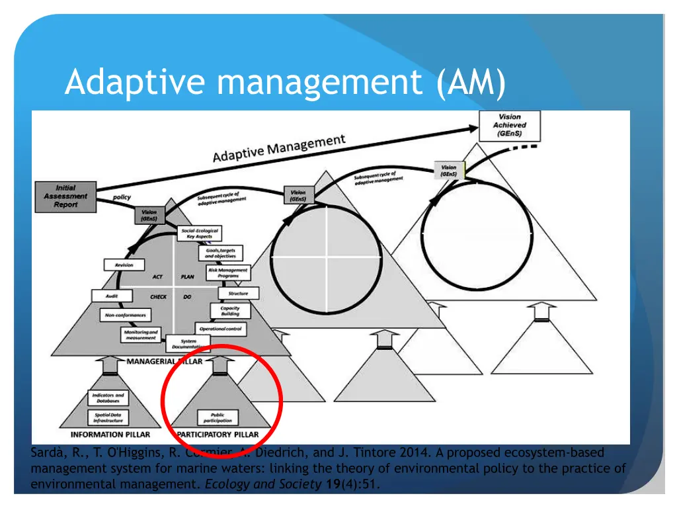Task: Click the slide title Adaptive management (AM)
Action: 285,83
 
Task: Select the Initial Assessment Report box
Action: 65,196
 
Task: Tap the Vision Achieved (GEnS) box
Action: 510,125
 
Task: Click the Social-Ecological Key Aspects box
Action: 200,233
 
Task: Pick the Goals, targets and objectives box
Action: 219,253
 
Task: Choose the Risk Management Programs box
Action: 228,273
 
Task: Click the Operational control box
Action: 221,329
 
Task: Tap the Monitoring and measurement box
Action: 141,335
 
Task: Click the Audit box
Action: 112,296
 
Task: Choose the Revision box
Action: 124,265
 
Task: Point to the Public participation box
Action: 218,418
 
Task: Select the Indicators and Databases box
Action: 108,398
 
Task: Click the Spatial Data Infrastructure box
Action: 108,418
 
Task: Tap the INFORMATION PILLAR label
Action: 110,435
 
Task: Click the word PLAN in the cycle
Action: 187,277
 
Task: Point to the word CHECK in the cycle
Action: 158,297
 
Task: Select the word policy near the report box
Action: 122,197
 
